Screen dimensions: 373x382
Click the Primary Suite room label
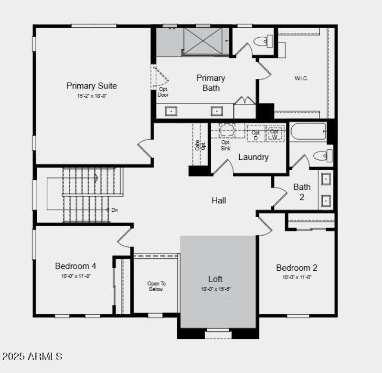point(92,86)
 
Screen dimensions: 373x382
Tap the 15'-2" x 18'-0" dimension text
point(92,96)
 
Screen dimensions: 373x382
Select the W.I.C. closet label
point(301,78)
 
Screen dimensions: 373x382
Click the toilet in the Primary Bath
point(263,42)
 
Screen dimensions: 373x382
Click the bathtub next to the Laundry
point(308,131)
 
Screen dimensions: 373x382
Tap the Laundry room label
point(253,157)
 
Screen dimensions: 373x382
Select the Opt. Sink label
point(226,145)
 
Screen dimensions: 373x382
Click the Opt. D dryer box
point(256,134)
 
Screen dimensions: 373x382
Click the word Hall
point(219,200)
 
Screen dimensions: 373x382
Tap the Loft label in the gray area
point(215,279)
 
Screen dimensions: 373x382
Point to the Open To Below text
point(156,286)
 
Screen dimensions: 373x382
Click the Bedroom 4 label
point(75,266)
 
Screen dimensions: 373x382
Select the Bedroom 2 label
point(297,268)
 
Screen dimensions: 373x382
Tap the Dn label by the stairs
point(114,210)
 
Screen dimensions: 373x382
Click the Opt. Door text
point(163,92)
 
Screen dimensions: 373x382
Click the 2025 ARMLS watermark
point(32,356)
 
